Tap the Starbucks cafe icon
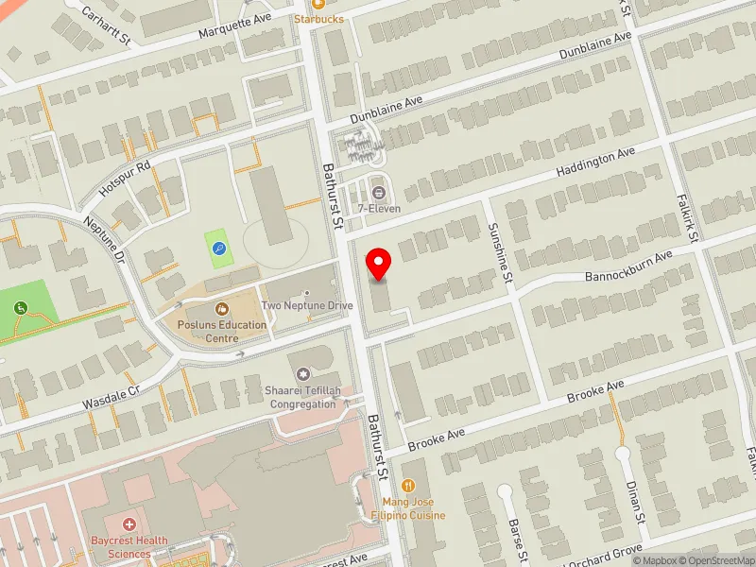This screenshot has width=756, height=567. pyautogui.click(x=318, y=5)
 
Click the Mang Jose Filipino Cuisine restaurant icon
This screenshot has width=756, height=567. pyautogui.click(x=409, y=486)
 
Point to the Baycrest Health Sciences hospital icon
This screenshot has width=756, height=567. pyautogui.click(x=129, y=524)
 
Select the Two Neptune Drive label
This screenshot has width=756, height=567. pyautogui.click(x=307, y=305)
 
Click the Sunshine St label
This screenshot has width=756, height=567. pyautogui.click(x=499, y=253)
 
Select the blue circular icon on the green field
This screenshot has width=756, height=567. pyautogui.click(x=220, y=249)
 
